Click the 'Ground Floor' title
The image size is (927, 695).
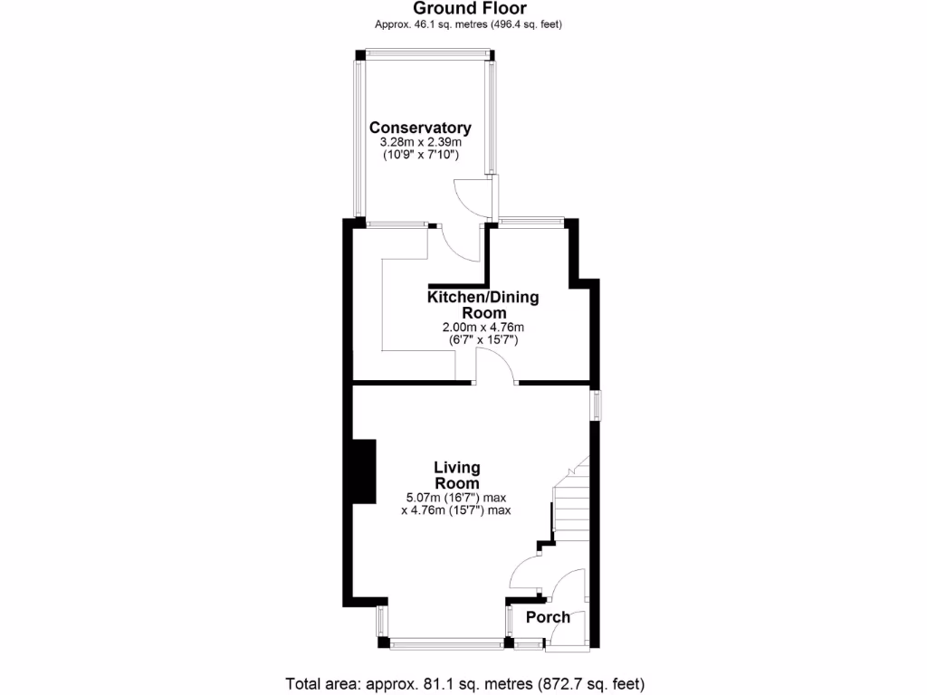pyautogui.click(x=469, y=9)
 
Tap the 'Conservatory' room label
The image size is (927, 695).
pyautogui.click(x=420, y=128)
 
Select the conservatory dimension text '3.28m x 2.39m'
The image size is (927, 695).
pyautogui.click(x=420, y=142)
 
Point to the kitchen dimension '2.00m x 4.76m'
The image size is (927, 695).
pyautogui.click(x=483, y=327)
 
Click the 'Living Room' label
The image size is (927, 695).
pyautogui.click(x=456, y=475)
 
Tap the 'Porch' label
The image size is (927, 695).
pyautogui.click(x=548, y=617)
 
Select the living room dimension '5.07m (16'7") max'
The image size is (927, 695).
pyautogui.click(x=456, y=497)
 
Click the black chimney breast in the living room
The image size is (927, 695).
pyautogui.click(x=364, y=471)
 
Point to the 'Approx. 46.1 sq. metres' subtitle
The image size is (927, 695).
pyautogui.click(x=469, y=24)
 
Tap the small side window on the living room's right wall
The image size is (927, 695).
pyautogui.click(x=596, y=405)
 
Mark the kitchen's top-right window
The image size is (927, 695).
pyautogui.click(x=531, y=221)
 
